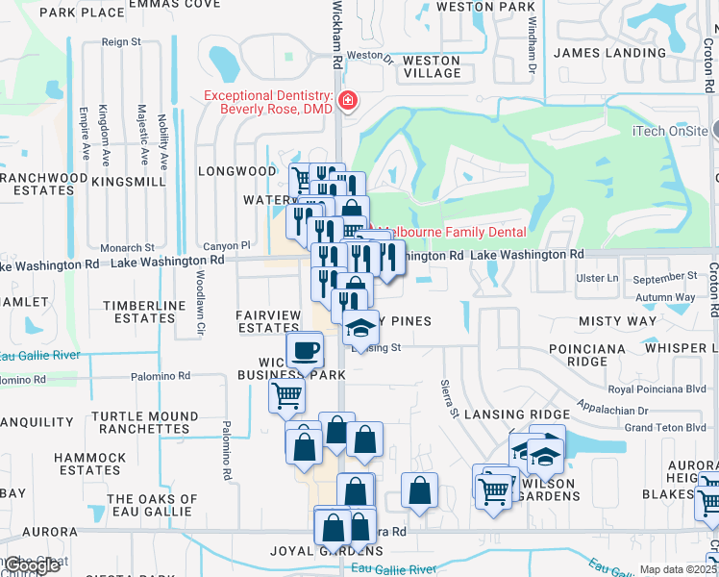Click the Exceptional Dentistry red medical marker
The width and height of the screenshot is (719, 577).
347,101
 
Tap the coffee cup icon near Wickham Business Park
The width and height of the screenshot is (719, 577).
306,350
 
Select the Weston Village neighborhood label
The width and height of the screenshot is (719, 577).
432,66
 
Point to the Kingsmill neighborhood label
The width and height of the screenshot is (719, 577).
131,181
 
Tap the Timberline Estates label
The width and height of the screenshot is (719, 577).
139,312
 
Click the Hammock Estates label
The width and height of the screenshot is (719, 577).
90,464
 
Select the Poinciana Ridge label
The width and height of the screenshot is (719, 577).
590,354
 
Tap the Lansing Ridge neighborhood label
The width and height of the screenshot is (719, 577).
516,414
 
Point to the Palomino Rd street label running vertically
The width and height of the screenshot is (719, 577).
227,452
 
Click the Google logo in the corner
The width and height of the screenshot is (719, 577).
32,565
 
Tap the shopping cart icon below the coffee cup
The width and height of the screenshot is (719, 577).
286,394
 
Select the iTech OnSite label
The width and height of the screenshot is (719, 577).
670,131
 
